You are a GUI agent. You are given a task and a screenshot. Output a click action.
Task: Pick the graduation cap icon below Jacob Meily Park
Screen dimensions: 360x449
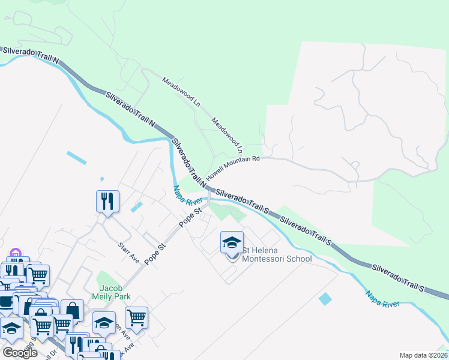[104, 324]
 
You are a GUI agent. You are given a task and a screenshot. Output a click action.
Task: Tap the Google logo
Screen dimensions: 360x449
[20, 353]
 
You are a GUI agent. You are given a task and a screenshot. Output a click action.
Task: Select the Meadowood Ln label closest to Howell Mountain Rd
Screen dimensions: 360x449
[228, 134]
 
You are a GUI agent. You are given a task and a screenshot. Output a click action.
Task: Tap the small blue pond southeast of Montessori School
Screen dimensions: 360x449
[325, 298]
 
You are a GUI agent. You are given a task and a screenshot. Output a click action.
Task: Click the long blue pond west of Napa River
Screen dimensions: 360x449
[77, 159]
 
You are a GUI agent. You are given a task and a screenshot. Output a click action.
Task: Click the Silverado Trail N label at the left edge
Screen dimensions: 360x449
[31, 56]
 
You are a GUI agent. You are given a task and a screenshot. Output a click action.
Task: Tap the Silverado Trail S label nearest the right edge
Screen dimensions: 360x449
[397, 277]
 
